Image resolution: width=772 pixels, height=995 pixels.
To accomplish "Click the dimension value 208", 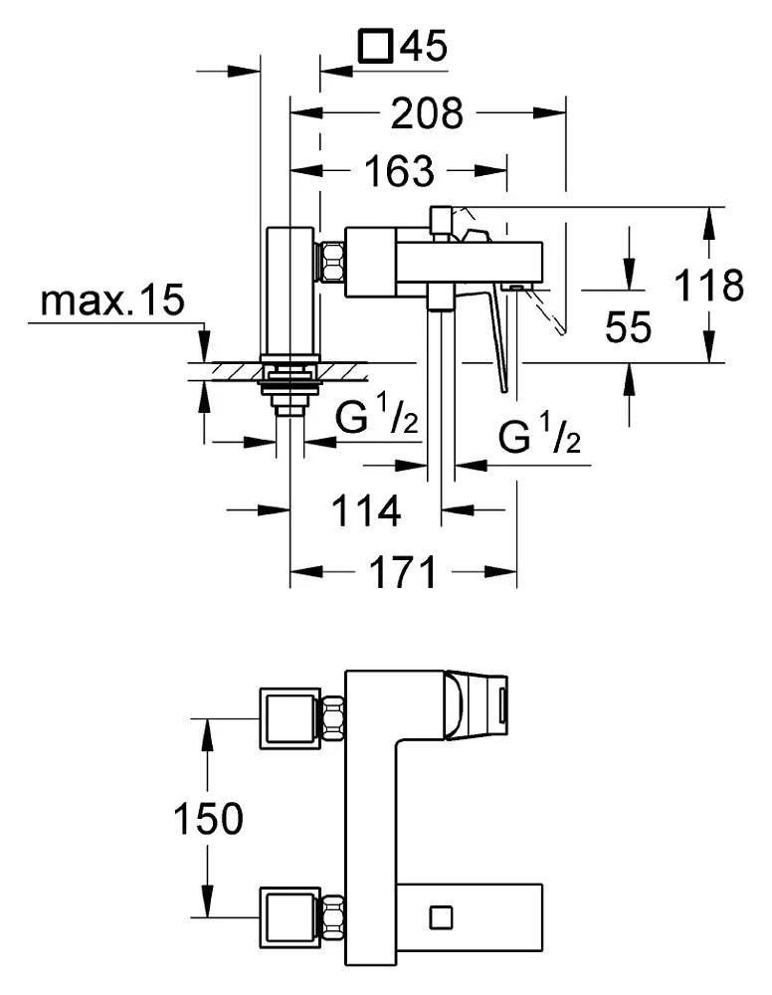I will click(427, 114).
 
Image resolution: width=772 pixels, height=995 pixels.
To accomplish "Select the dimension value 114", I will click(367, 511).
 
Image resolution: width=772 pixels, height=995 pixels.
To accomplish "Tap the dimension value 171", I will click(402, 573).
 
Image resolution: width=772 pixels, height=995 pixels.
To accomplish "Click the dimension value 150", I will click(207, 819).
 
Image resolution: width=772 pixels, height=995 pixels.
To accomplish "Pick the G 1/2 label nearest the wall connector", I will click(377, 420).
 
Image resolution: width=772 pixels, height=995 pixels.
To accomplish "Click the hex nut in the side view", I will click(331, 263).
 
